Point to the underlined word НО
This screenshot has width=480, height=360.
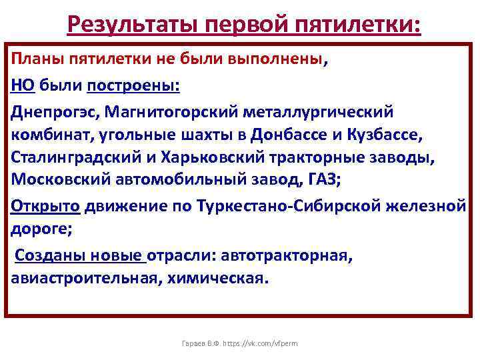point(23,85)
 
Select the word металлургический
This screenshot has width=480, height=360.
point(323,111)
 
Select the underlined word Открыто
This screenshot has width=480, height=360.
point(45,205)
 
